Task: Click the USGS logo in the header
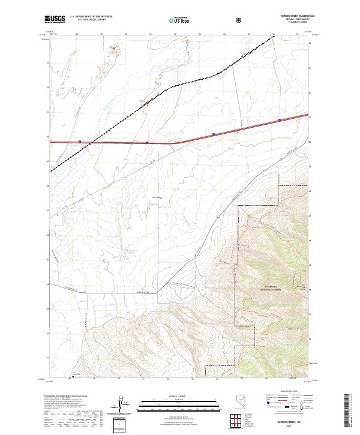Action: pos(55,19)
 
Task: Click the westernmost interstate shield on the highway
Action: pos(80,142)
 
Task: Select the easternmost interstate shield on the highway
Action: pos(279,120)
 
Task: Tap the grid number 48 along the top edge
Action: pos(77,34)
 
